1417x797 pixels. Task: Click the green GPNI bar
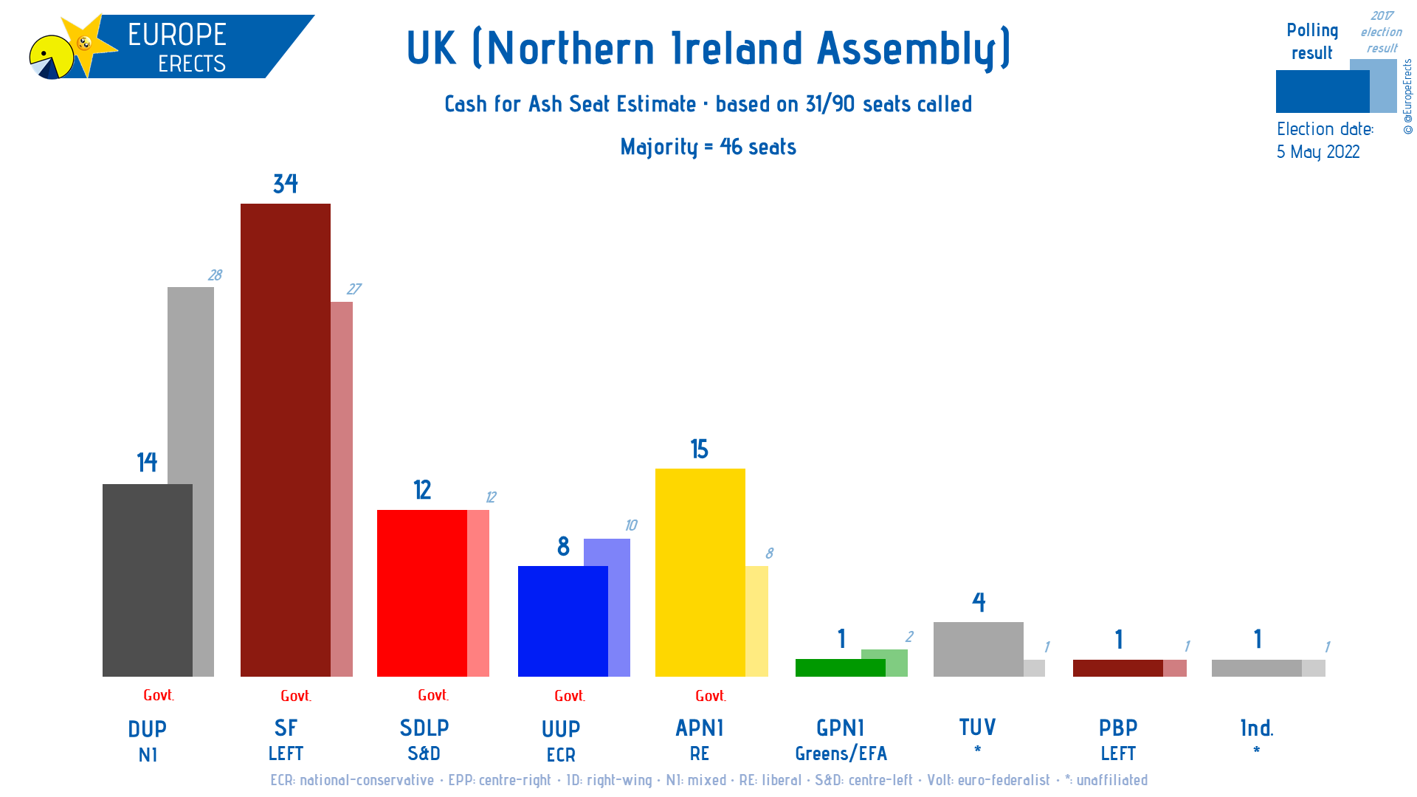[840, 668]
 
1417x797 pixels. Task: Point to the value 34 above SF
[286, 184]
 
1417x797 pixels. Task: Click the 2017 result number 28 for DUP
[215, 275]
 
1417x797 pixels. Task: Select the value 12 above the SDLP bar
[422, 490]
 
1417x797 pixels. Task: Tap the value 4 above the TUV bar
[979, 602]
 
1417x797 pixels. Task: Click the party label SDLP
[424, 728]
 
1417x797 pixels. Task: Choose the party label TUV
[977, 728]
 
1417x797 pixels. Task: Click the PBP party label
[1118, 728]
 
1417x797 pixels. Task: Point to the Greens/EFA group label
[841, 753]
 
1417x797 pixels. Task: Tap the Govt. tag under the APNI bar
[711, 696]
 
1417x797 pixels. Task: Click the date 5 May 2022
[1318, 152]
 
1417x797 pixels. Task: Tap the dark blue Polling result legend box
[1322, 92]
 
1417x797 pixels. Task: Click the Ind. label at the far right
[1257, 728]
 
